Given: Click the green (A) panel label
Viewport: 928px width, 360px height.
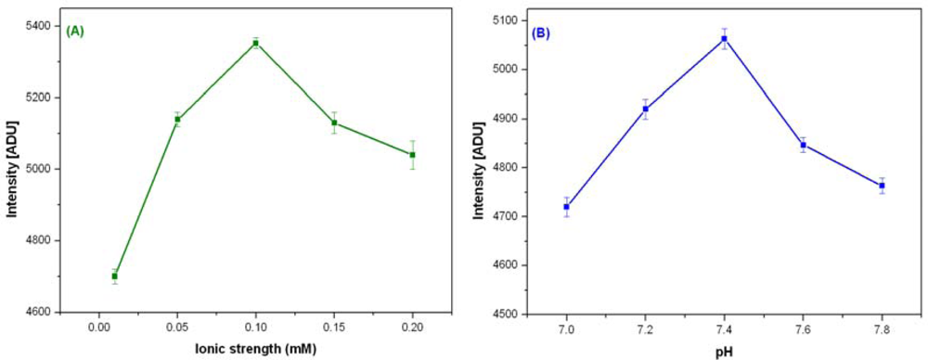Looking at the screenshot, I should click(x=74, y=31).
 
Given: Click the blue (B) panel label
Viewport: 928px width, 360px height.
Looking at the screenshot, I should click(x=540, y=33).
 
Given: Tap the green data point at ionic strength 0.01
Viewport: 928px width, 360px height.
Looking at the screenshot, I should click(x=114, y=276).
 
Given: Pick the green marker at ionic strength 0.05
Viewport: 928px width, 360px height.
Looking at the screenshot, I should click(x=177, y=119).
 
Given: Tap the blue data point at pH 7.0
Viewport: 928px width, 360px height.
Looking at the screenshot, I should click(x=566, y=207).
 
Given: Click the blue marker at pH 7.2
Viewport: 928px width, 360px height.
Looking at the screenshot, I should click(x=645, y=109).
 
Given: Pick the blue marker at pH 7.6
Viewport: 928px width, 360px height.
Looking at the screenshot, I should click(x=803, y=145).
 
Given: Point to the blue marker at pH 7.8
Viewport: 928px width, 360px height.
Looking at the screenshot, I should click(x=882, y=186).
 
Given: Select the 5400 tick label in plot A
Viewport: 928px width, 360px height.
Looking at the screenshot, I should click(x=39, y=25).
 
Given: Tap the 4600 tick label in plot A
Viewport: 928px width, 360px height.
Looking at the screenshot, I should click(x=39, y=312).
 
